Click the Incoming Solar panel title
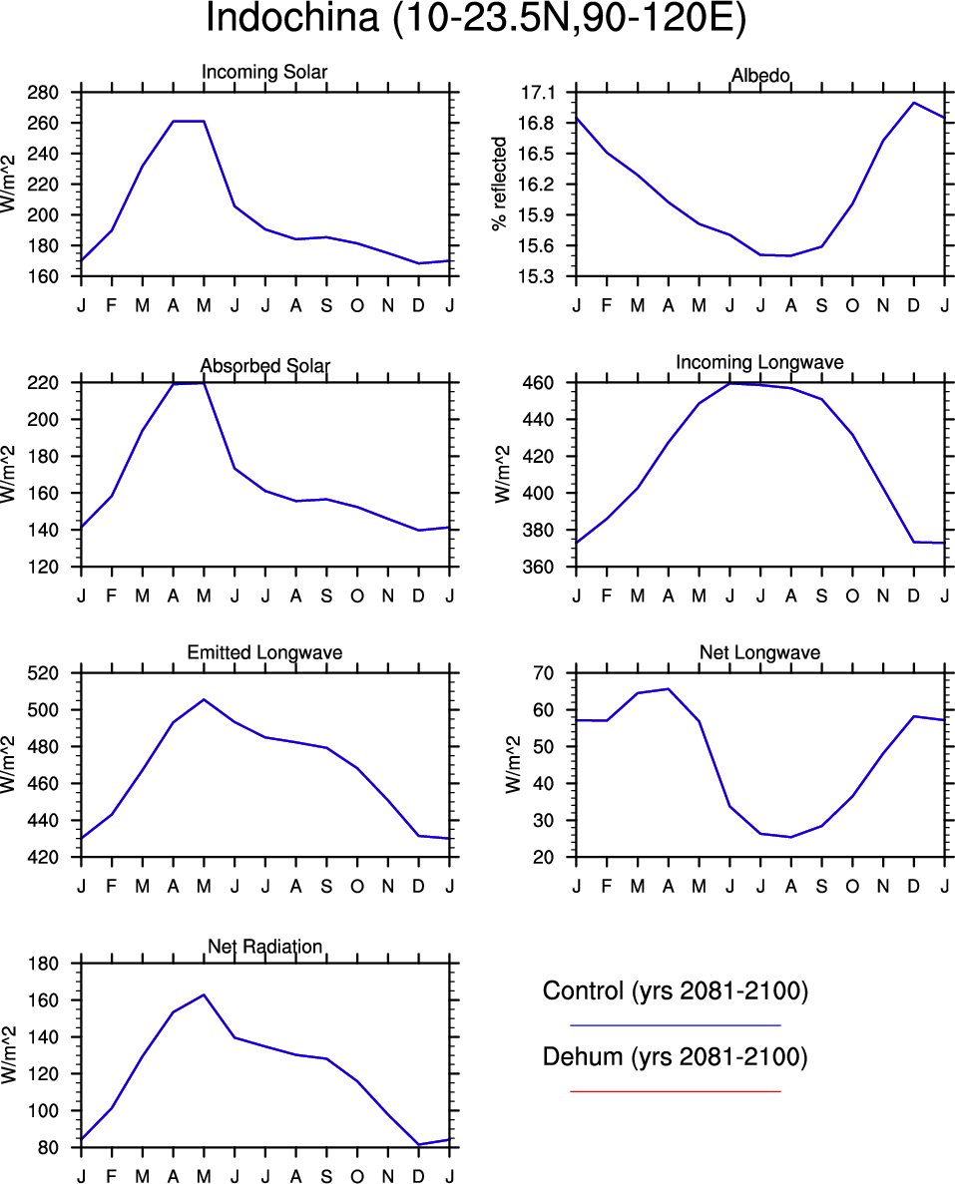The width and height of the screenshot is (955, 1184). click(x=264, y=72)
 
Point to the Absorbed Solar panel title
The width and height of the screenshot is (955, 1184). click(x=264, y=366)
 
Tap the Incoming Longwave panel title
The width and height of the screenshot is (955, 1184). click(x=759, y=362)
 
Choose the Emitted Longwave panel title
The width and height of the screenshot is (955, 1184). click(x=264, y=652)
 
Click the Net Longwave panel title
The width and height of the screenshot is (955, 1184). click(x=759, y=652)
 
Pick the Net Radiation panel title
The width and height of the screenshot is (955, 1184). click(x=264, y=946)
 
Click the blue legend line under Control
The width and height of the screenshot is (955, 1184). click(x=675, y=1024)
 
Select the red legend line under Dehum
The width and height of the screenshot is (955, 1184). click(x=675, y=1091)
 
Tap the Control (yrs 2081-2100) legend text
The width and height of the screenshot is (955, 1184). click(x=675, y=991)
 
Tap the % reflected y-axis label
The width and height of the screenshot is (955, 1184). click(x=500, y=185)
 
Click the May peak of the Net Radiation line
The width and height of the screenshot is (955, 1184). click(x=204, y=994)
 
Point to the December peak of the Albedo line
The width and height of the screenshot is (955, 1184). click(x=913, y=103)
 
